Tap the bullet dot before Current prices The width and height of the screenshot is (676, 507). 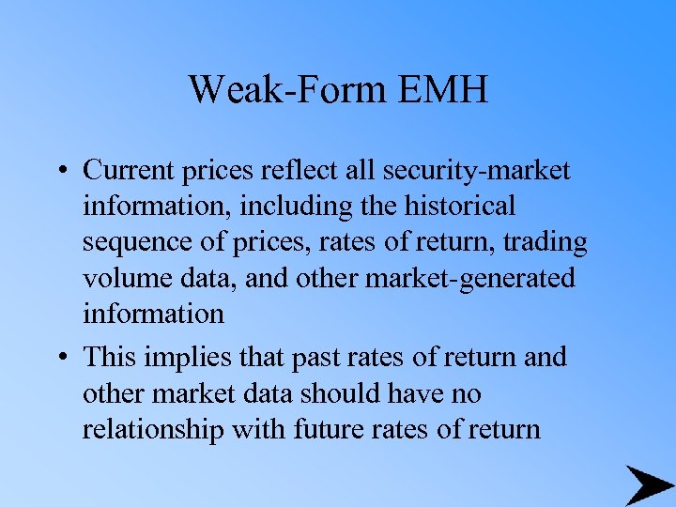60,171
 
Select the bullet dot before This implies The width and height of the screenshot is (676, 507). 60,359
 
